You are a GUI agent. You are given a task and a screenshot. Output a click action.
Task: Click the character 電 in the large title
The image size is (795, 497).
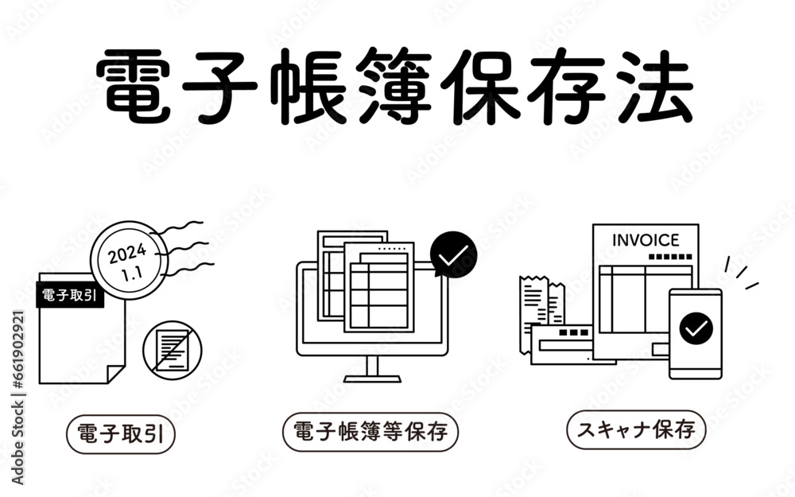point(133,86)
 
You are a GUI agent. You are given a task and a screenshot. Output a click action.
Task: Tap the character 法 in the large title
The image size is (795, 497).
point(655,86)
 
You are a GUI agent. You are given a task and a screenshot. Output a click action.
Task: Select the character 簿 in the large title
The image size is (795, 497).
point(394,86)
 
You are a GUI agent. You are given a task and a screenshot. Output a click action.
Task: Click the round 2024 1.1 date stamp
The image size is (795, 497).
point(129,260)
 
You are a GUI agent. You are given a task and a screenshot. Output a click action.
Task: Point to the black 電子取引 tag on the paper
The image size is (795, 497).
point(70,295)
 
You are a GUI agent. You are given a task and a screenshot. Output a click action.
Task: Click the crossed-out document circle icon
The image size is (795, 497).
point(173,350)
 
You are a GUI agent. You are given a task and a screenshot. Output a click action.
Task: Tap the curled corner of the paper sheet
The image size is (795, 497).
point(115,375)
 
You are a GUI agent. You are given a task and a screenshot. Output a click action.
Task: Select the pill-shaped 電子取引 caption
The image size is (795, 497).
point(121,434)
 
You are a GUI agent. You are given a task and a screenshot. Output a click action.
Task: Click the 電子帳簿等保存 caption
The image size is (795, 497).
point(370,432)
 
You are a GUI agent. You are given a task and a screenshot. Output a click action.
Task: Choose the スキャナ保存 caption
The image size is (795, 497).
point(636,430)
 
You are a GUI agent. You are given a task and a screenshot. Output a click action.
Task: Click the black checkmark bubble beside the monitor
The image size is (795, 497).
point(453,254)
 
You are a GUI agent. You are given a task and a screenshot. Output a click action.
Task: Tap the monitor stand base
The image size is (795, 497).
point(372,379)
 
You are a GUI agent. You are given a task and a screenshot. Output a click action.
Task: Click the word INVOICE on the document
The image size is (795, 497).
point(646,240)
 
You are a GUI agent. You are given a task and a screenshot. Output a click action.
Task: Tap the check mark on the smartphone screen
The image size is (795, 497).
point(696,328)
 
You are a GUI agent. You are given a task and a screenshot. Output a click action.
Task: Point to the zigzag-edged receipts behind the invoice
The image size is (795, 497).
point(541,309)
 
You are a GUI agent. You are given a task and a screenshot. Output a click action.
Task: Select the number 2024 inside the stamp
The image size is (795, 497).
point(127,254)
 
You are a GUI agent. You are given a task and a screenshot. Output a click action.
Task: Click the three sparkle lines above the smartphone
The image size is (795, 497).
point(741,273)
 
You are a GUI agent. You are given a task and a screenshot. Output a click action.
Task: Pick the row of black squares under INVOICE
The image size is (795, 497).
point(670,257)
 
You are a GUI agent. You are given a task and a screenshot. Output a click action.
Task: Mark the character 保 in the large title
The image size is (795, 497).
point(480,86)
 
